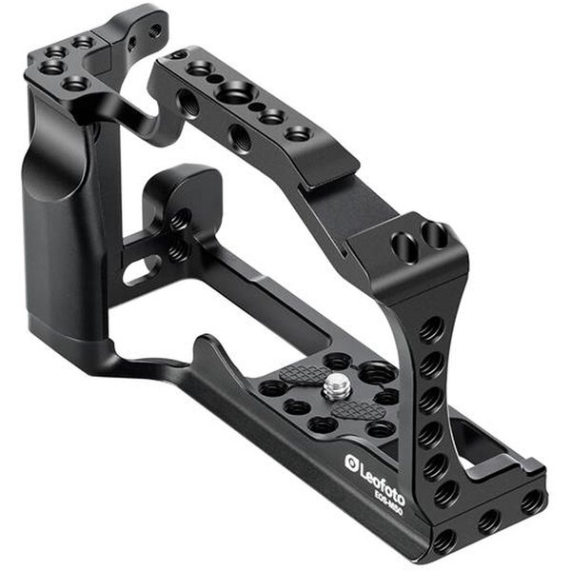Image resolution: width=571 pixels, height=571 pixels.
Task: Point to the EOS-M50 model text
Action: point(386,501)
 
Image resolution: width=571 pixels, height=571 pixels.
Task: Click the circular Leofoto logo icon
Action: point(351,463)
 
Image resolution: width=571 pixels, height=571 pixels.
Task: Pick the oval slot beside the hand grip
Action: point(141,269)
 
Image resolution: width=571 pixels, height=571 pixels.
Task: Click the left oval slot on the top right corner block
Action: point(403,248)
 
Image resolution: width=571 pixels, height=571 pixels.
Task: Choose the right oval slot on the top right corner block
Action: point(433,233)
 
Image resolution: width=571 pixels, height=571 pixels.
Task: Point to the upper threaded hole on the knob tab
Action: point(180,222)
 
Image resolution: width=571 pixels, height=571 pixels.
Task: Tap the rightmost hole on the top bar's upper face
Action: point(297,133)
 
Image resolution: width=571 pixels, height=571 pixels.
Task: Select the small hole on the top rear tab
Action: point(154,31)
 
